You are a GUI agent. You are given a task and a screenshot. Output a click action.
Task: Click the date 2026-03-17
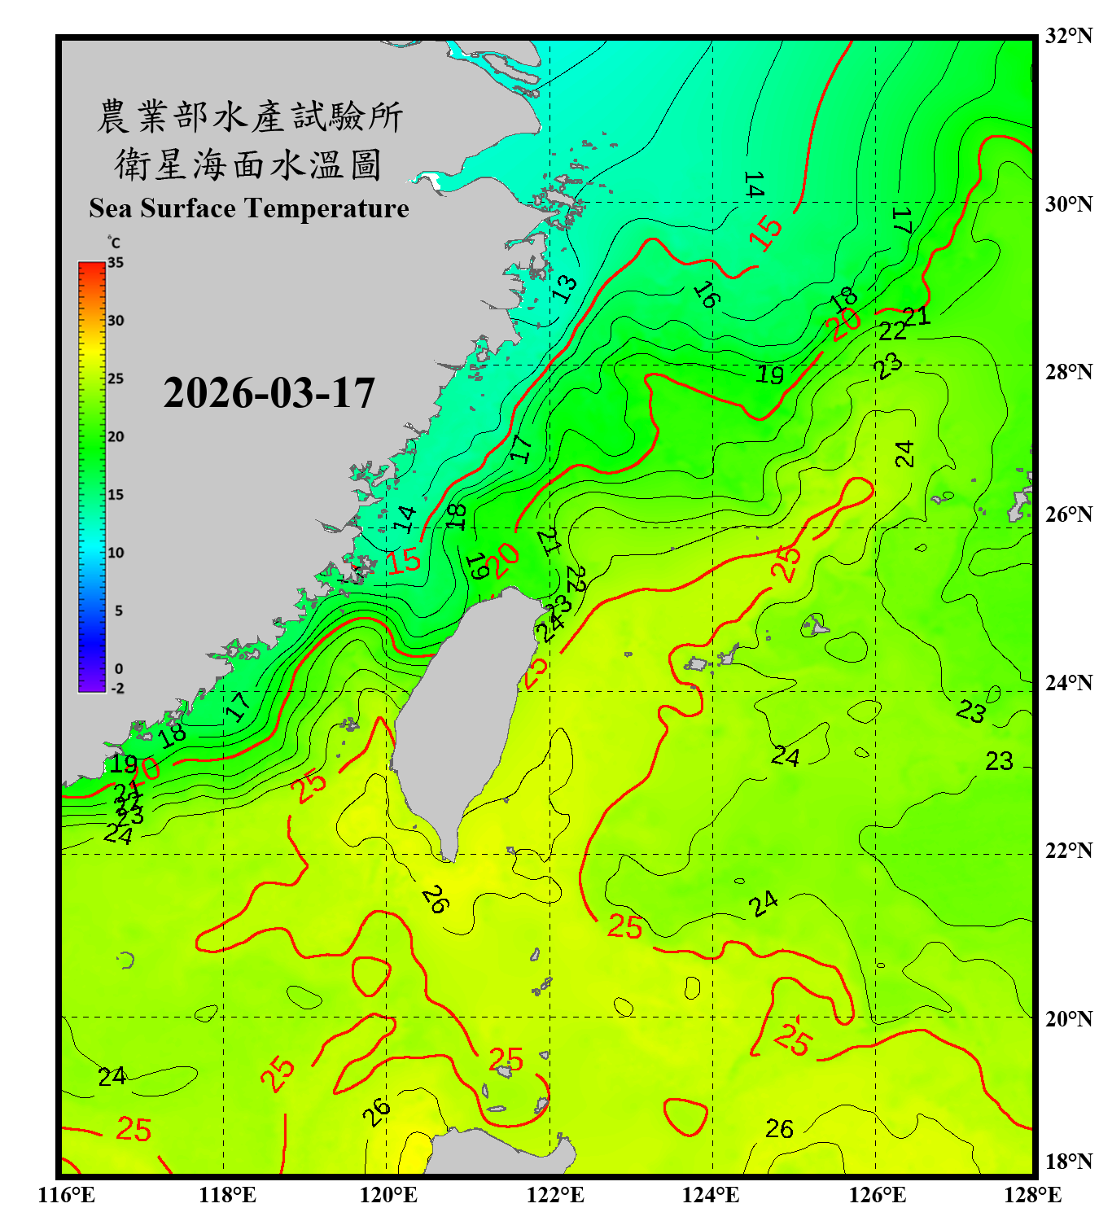[269, 393]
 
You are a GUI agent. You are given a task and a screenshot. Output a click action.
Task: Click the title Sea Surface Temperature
[249, 208]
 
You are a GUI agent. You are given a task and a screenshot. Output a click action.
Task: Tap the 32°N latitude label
[1068, 36]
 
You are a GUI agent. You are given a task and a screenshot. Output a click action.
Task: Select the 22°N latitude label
[1068, 851]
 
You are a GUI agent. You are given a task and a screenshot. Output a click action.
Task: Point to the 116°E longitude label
[67, 1195]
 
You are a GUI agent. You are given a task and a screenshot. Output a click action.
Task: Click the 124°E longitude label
[711, 1195]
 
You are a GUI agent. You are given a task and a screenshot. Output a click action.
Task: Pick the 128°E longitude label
[1032, 1195]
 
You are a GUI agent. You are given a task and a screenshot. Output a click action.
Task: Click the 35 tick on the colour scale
[116, 262]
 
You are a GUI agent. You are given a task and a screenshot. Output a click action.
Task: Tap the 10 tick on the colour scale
[116, 553]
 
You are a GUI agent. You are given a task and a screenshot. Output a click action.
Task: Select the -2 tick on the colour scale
[117, 688]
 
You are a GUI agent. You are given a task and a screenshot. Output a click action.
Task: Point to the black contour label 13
[564, 288]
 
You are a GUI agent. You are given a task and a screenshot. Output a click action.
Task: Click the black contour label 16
[706, 295]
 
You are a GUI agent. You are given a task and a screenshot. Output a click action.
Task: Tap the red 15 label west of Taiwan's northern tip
[403, 560]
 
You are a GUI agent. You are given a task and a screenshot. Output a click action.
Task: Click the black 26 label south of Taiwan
[435, 899]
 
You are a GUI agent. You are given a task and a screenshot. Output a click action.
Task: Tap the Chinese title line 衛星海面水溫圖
[248, 165]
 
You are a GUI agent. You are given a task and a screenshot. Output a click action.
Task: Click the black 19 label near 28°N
[769, 374]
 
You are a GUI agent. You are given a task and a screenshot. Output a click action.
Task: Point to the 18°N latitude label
[1068, 1162]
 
